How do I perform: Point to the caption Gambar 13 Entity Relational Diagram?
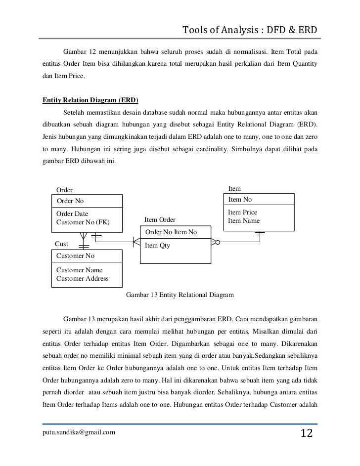[180, 295]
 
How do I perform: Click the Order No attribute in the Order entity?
[70, 201]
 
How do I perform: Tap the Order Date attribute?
[73, 213]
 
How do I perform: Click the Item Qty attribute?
[157, 245]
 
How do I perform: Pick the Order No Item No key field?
[171, 232]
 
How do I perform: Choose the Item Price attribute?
[242, 212]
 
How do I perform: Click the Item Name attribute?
[243, 221]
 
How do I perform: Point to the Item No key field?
[240, 200]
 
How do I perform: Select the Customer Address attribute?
[83, 279]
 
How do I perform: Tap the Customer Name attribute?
[80, 270]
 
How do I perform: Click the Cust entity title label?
[61, 244]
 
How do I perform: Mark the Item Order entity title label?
[160, 220]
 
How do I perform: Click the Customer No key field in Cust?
[75, 255]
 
